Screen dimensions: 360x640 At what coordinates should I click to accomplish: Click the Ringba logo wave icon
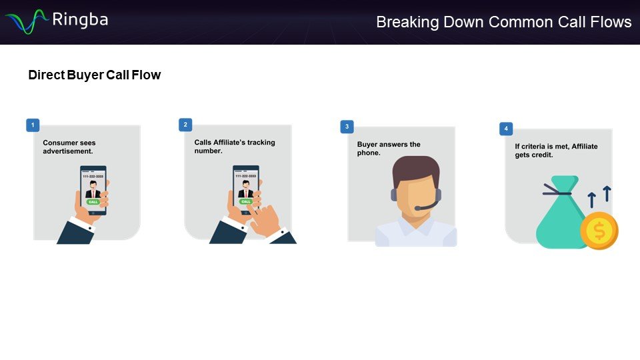[x=26, y=21]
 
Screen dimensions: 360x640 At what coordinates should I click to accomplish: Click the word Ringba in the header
[x=80, y=19]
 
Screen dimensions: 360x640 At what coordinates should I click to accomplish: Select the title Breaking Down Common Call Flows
[x=503, y=22]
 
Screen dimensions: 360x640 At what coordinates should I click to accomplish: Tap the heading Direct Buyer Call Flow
[x=94, y=75]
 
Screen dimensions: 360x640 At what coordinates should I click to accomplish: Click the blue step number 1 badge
[x=32, y=125]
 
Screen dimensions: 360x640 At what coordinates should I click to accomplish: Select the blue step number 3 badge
[x=346, y=126]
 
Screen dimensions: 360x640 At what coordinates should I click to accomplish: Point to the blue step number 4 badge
[x=506, y=129]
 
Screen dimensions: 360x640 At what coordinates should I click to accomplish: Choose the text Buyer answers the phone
[x=389, y=149]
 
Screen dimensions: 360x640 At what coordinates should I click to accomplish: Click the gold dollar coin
[x=599, y=231]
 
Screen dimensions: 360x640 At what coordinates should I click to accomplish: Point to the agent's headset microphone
[x=418, y=208]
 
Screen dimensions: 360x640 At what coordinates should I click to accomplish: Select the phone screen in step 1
[x=93, y=187]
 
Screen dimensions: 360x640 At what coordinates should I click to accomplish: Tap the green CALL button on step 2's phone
[x=245, y=201]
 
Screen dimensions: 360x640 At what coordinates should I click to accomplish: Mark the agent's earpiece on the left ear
[x=393, y=195]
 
